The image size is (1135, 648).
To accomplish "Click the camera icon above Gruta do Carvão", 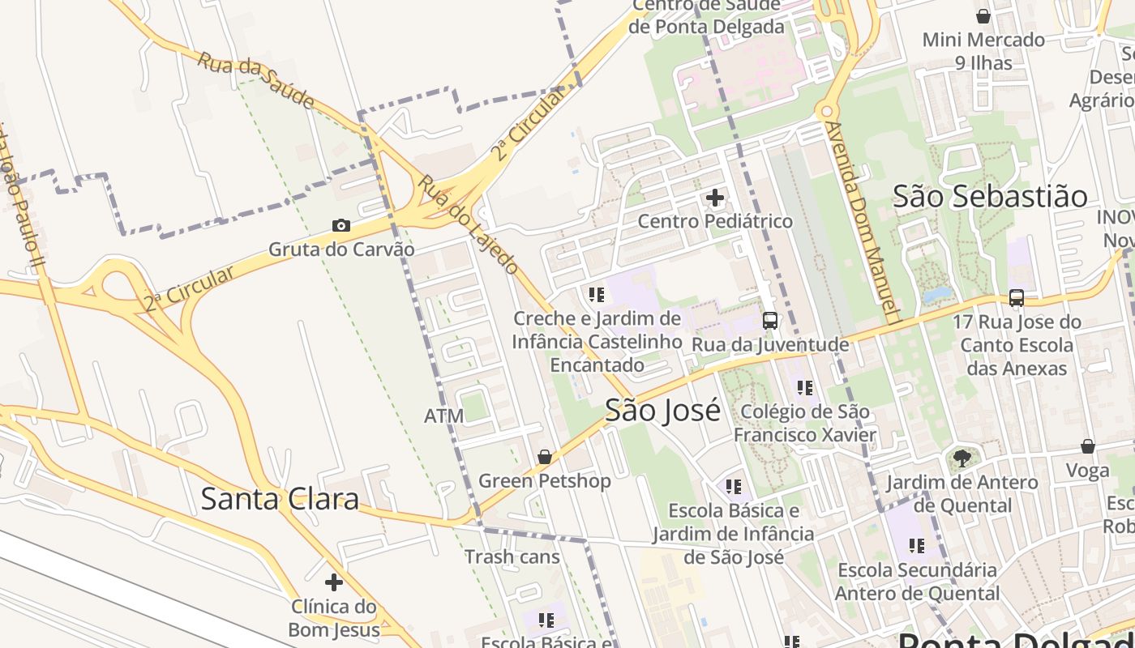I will tap(341, 226).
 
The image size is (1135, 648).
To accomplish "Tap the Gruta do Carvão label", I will tap(341, 249).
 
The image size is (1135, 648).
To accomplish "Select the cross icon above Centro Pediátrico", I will tap(715, 198).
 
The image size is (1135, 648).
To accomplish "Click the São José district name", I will tap(662, 411).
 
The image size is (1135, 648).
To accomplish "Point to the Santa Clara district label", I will tap(280, 499).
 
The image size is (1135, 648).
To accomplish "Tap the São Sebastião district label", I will tap(990, 196).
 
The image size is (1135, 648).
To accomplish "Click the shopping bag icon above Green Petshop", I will tap(545, 458).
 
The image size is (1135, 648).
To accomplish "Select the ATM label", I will tap(443, 416).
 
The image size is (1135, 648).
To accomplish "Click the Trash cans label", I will tap(512, 557).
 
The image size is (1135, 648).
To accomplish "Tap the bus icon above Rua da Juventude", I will tap(770, 321).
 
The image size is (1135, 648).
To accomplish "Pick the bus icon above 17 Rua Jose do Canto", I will tap(1017, 298).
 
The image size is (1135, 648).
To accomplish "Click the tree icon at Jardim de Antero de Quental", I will tap(962, 459).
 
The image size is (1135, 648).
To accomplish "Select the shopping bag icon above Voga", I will tap(1088, 447).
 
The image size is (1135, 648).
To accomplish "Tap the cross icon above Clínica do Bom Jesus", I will tap(333, 582).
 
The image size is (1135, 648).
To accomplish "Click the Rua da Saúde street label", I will tap(255, 80).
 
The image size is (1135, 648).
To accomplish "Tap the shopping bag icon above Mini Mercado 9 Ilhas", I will tap(983, 16).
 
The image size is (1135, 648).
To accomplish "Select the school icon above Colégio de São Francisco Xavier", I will tap(804, 388).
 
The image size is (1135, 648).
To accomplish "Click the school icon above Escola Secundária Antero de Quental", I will tap(916, 546).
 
